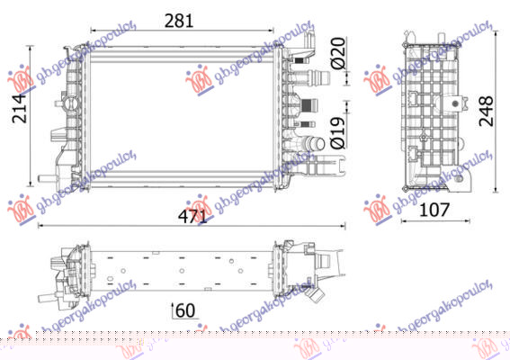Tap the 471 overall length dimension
192,216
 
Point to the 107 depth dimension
436,211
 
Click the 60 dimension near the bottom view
184,310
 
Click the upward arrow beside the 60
171,310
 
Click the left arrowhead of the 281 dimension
93,31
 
